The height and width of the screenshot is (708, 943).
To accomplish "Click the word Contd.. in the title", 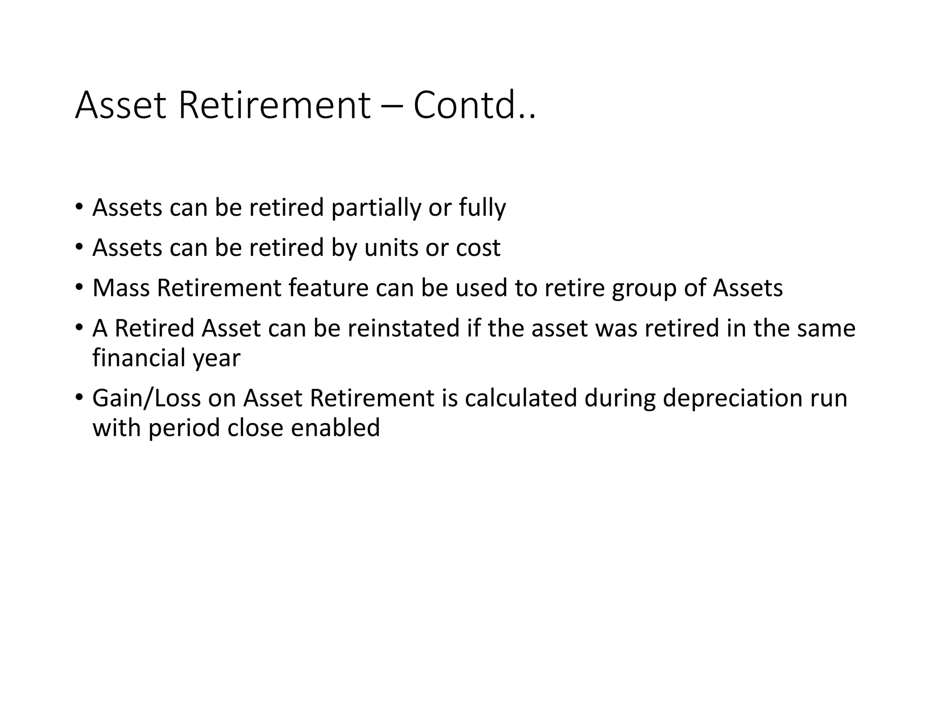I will (474, 106).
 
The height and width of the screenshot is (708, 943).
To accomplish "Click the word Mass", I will (121, 288).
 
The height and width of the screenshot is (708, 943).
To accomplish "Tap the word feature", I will (328, 288).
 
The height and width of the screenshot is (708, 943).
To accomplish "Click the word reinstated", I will (403, 328).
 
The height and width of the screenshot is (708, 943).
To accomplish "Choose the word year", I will (216, 359).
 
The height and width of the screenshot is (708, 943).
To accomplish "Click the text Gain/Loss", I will (146, 398).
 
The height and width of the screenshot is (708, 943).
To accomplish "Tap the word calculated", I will (521, 398).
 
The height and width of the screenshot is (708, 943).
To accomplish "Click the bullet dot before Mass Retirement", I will (79, 288).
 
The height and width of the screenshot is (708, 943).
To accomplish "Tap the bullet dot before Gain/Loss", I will (79, 397).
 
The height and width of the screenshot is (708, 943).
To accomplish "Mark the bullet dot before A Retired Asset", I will (79, 328).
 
